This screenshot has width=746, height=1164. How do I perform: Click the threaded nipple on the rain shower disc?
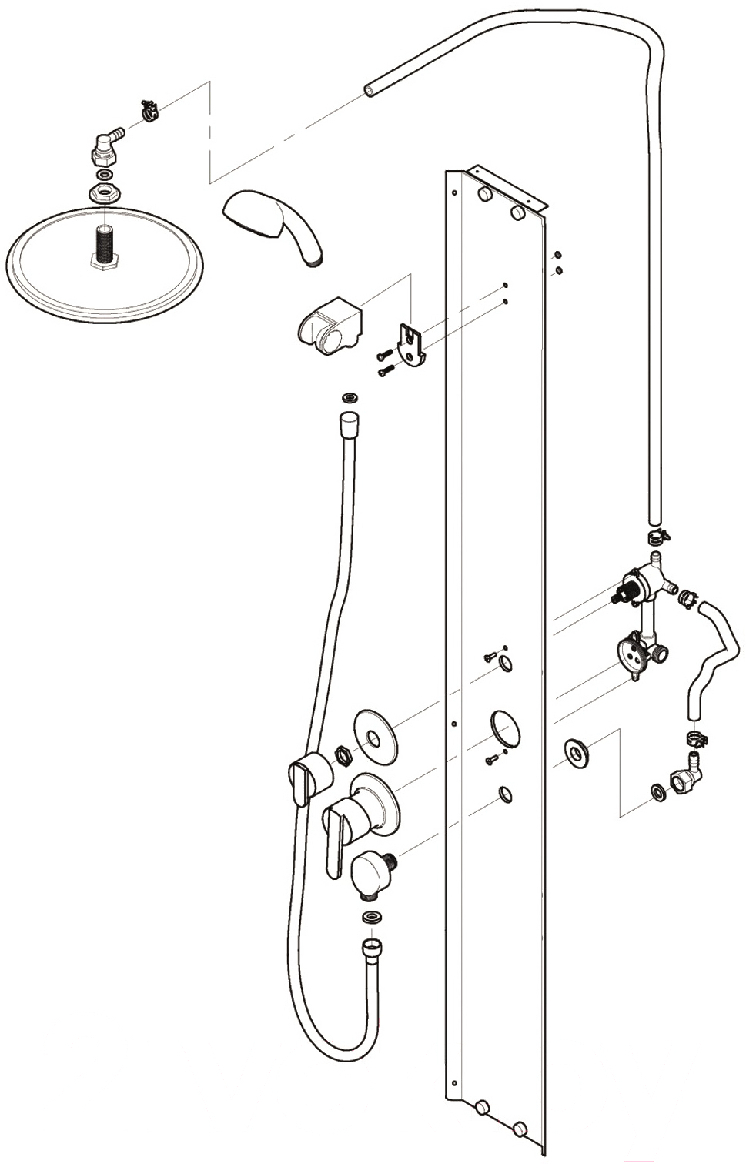(102, 247)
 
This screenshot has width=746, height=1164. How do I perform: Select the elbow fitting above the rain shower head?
(105, 145)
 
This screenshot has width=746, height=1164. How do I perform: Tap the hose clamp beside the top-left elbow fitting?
(149, 112)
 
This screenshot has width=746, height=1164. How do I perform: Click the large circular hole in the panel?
(504, 727)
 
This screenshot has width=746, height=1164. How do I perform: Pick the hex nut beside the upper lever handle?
(342, 754)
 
